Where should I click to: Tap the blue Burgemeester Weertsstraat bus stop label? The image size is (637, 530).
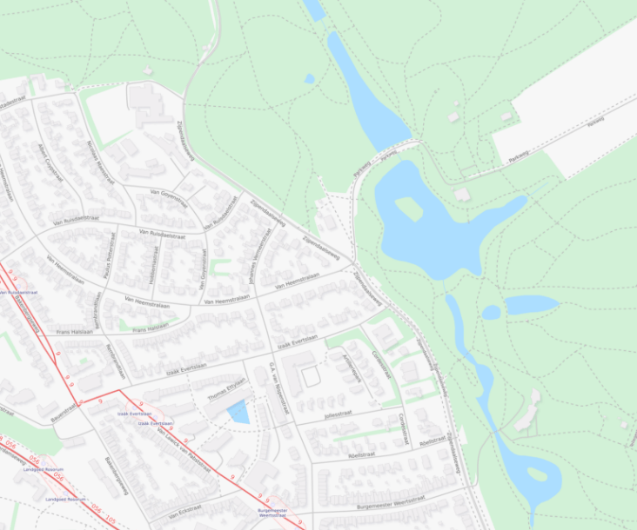point(272,513)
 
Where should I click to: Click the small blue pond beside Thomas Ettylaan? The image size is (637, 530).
point(238,411)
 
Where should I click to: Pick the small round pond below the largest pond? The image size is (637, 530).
point(492,312)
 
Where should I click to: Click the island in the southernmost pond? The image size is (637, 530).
point(538,474)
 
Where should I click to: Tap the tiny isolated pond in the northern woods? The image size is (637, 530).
point(310,79)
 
